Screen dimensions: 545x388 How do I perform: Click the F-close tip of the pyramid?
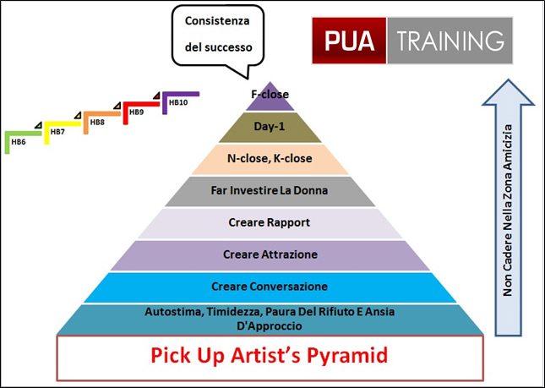point(270,98)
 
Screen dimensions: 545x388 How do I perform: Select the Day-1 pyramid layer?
point(270,128)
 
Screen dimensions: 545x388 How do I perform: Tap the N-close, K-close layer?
point(270,159)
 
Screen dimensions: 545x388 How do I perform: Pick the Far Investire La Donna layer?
point(270,191)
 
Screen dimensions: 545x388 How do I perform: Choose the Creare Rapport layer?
point(270,223)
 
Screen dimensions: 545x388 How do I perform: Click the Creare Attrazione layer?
point(270,255)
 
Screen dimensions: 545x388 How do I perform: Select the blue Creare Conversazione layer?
point(270,287)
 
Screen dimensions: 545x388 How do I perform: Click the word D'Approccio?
point(269,326)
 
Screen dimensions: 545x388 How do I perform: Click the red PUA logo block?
point(349,41)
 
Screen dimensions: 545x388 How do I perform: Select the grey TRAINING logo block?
point(450,41)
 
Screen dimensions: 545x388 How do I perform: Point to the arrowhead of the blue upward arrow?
point(508,92)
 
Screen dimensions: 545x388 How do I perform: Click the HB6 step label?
point(19,142)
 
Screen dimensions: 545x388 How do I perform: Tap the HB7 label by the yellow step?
point(57,132)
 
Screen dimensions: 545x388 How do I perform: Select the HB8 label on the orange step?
point(97,122)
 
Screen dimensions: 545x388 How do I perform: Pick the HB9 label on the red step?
point(136,112)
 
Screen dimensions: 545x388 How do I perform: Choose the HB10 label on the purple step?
point(178,102)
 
